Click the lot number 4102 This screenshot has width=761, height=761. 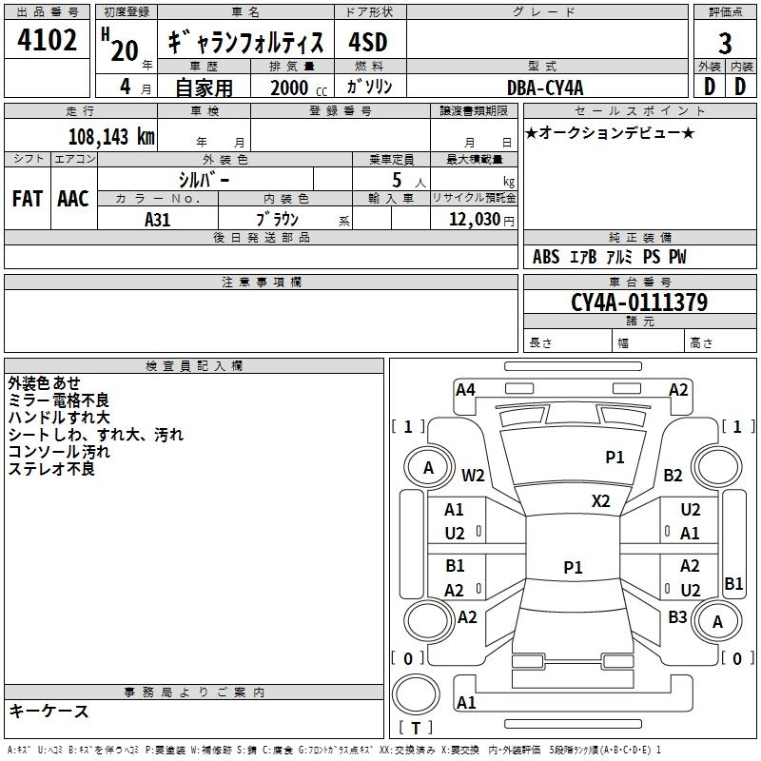(x=47, y=40)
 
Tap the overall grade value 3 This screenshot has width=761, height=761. (x=725, y=43)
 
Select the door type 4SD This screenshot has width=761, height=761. (x=368, y=42)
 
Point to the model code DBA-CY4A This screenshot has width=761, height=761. (x=545, y=88)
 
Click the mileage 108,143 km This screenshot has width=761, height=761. (x=111, y=136)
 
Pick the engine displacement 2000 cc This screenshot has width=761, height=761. (x=299, y=88)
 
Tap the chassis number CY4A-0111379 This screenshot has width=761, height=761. (x=639, y=302)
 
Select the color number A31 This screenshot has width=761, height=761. (x=157, y=220)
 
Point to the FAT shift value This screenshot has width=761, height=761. (x=28, y=199)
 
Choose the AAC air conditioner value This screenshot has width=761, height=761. (x=73, y=199)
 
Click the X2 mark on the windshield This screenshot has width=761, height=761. (x=600, y=500)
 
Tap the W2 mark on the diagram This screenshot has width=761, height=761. (x=473, y=475)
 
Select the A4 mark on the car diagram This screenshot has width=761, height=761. (x=465, y=390)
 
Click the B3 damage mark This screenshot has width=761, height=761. (x=677, y=616)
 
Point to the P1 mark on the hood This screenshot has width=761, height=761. (x=615, y=457)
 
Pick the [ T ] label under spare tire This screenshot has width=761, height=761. (x=416, y=728)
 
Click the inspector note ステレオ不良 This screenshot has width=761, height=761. (x=51, y=469)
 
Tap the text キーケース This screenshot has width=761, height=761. (x=49, y=711)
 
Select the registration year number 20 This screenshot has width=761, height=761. (x=125, y=50)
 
